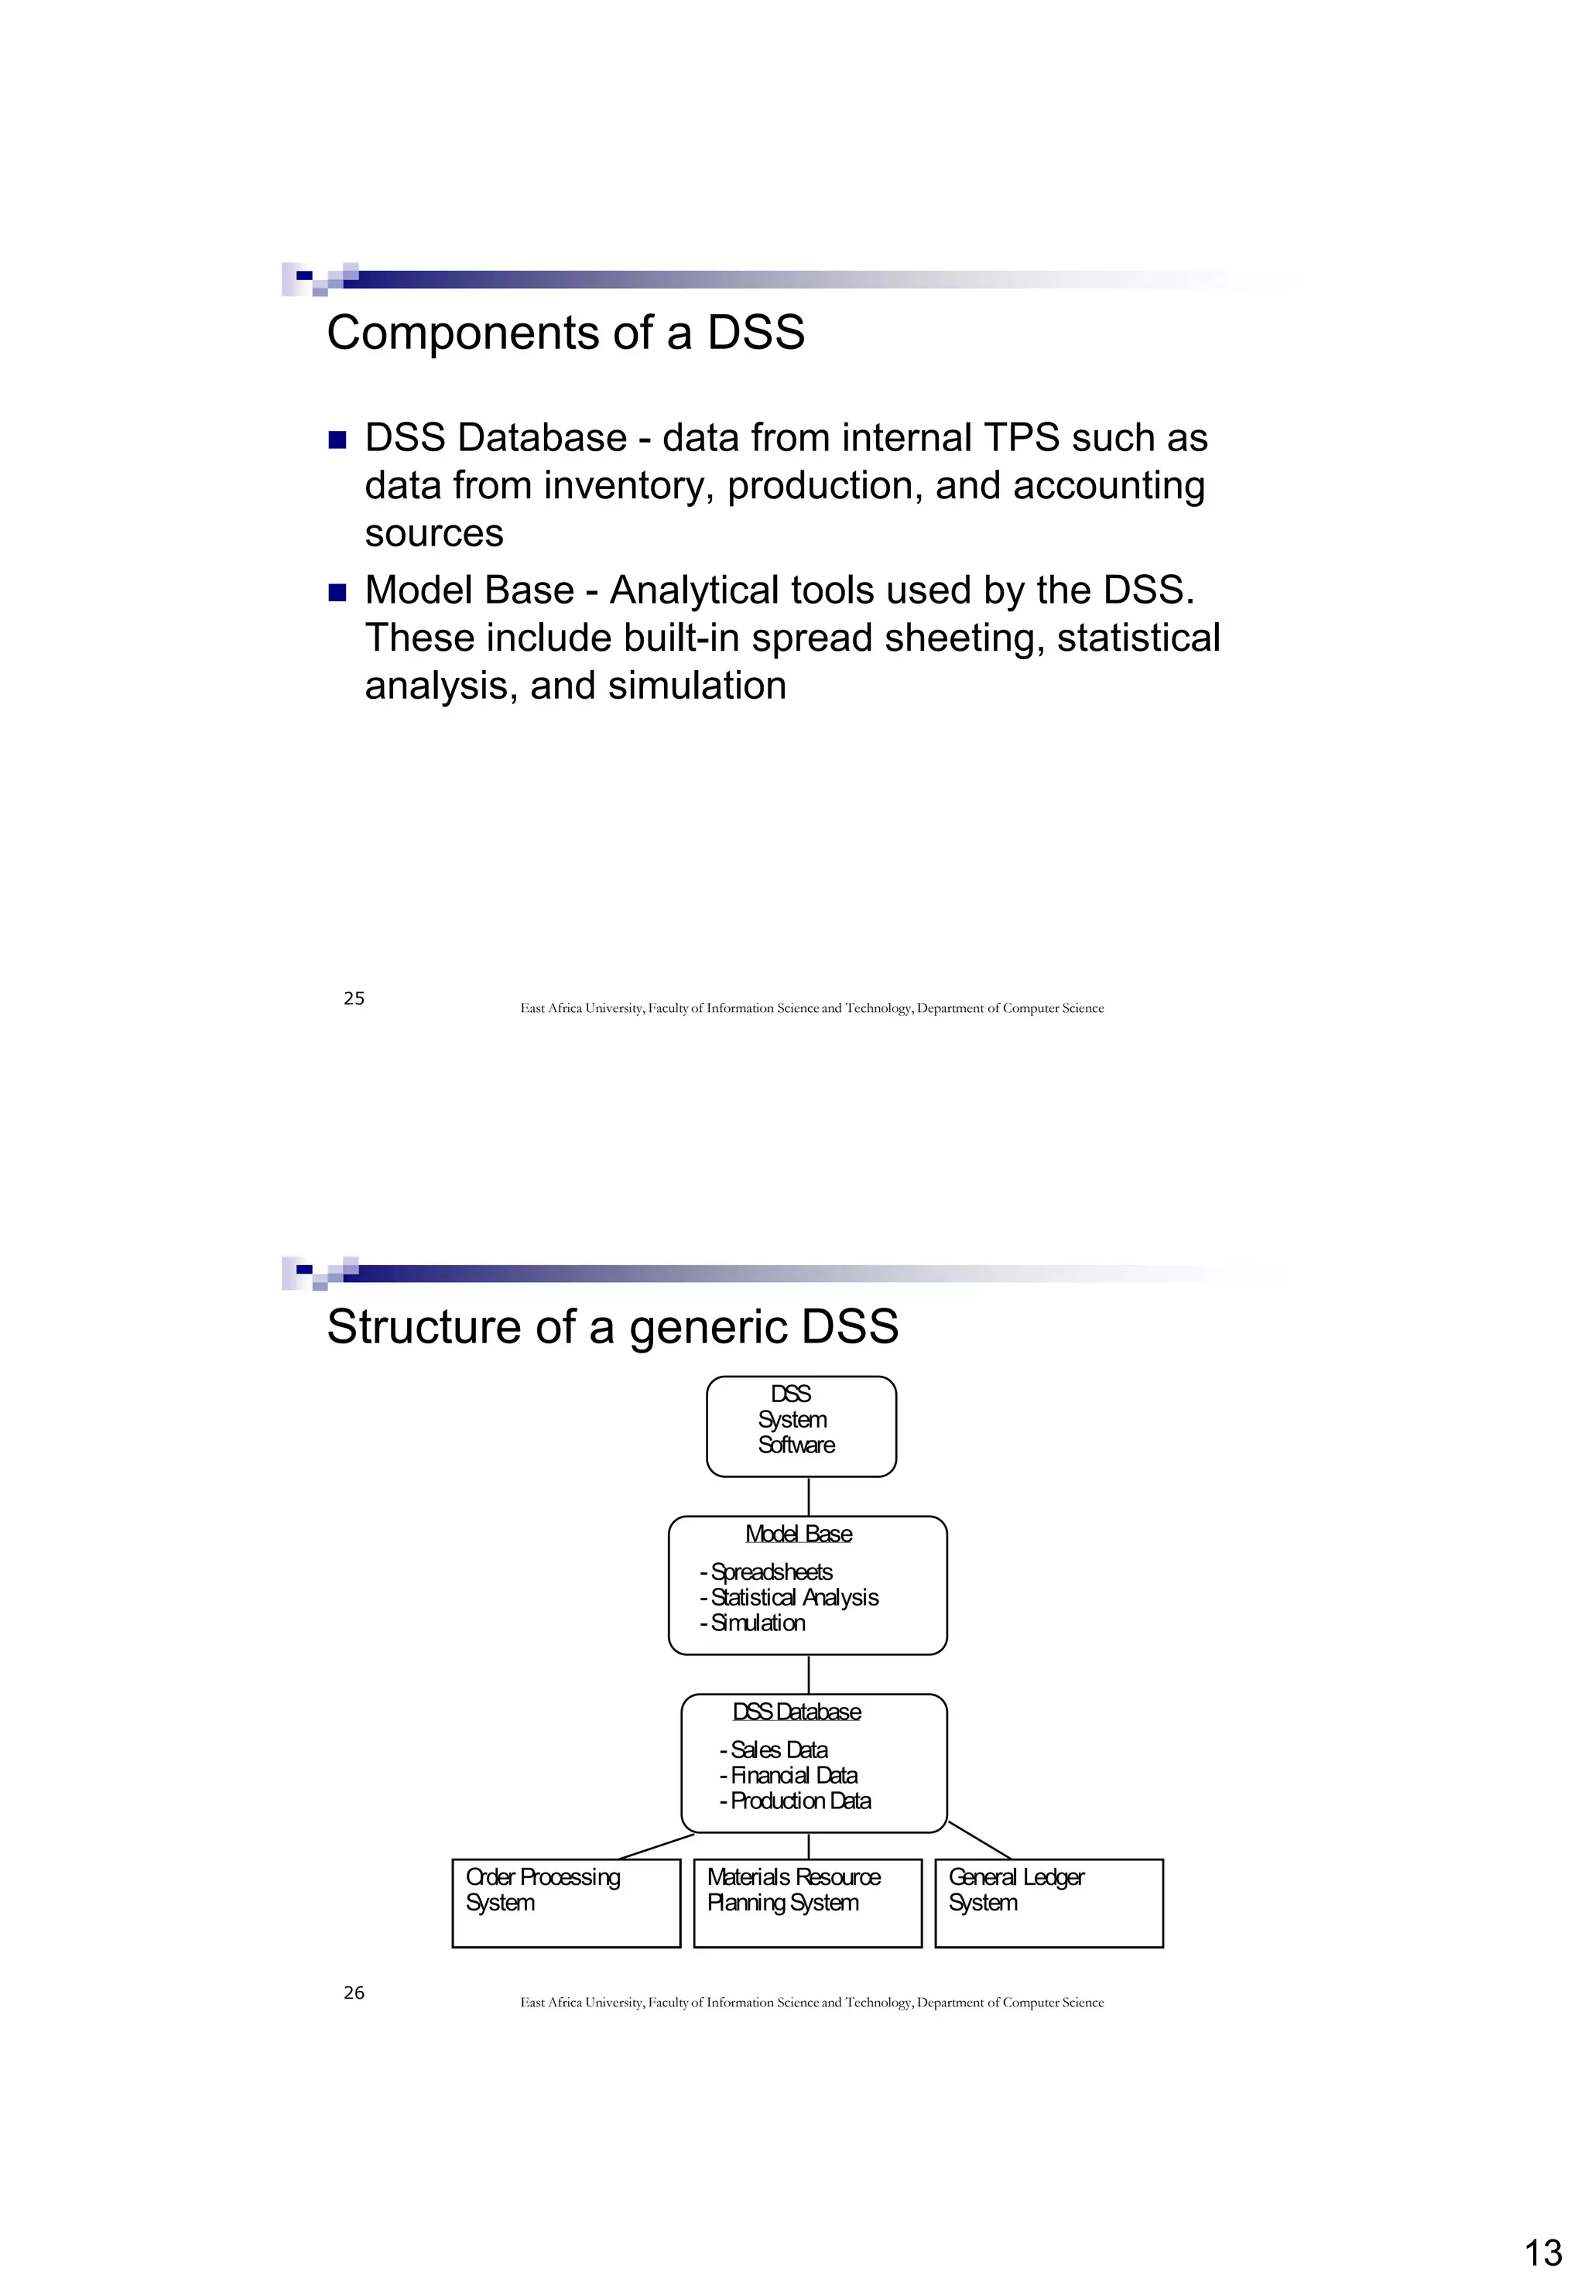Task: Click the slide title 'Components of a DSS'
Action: pos(565,333)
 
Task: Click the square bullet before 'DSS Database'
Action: pos(337,439)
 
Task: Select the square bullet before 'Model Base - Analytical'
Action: pos(337,592)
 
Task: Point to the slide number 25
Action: pos(354,998)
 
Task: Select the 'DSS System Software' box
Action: pos(800,1426)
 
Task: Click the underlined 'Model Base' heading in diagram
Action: pos(799,1534)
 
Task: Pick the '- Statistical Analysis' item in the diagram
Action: pos(789,1597)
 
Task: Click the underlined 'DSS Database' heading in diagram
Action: pos(796,1712)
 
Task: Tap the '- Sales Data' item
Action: pos(774,1750)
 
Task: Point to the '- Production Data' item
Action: pos(796,1801)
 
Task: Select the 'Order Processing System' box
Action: pos(565,1903)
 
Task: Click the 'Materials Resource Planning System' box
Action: pos(807,1903)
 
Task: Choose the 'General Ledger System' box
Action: pos(1049,1903)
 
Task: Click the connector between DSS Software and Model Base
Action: pos(809,1497)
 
